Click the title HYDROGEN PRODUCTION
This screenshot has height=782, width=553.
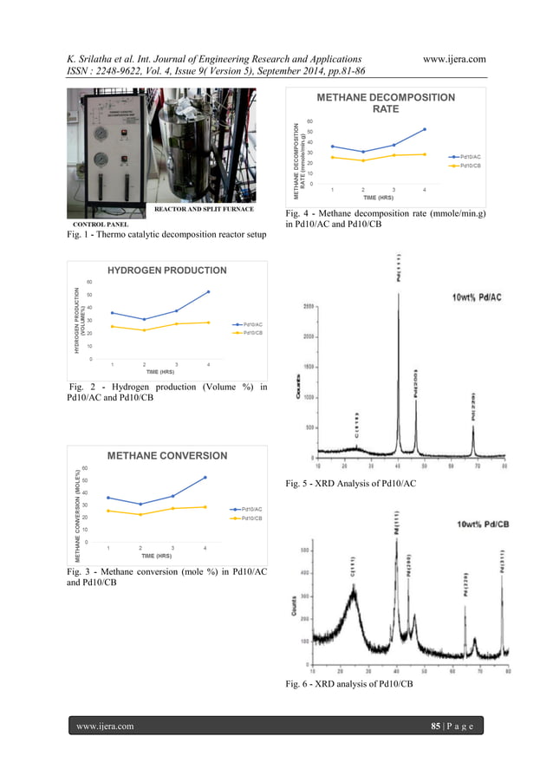point(166,270)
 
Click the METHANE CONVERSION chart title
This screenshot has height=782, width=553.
point(166,455)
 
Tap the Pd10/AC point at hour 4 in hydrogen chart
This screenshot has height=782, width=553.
point(208,292)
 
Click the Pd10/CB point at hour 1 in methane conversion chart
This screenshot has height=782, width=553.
point(107,511)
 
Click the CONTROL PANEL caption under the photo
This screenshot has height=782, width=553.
point(95,224)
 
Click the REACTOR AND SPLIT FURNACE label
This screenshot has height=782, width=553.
point(204,210)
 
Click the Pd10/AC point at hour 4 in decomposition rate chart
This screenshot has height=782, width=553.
point(424,129)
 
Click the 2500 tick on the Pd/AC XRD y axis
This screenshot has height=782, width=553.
point(309,307)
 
